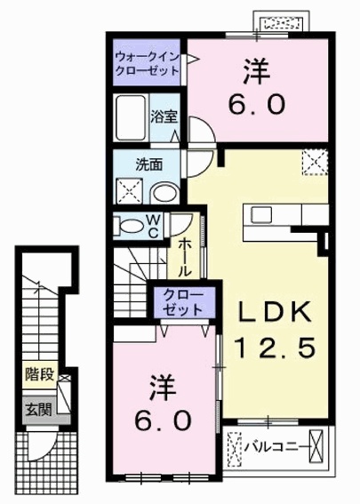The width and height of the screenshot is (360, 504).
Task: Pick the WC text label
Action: (x=152, y=225)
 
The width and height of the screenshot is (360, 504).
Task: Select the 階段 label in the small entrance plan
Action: (x=37, y=374)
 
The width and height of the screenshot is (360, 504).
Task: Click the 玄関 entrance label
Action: (x=37, y=409)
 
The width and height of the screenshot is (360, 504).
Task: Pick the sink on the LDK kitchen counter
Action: (x=263, y=216)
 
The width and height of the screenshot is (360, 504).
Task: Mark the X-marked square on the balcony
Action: (x=236, y=445)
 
